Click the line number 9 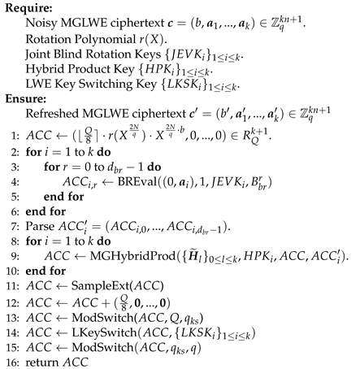11,258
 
